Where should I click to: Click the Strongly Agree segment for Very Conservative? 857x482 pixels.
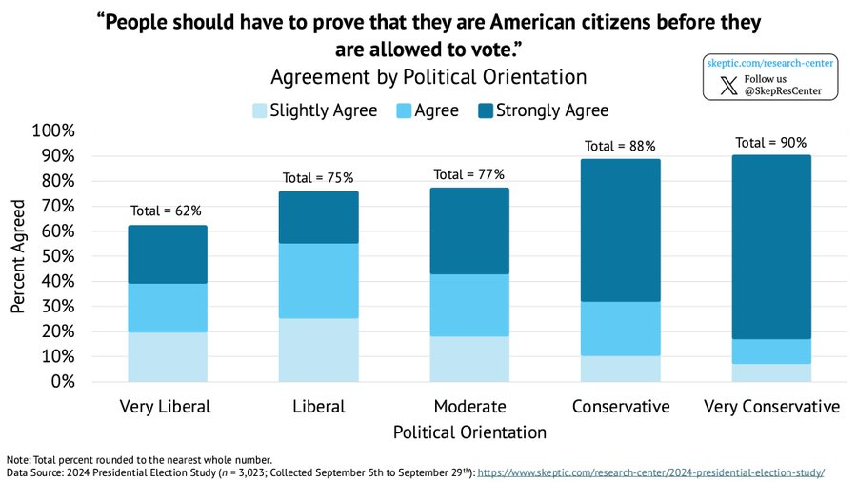(x=772, y=247)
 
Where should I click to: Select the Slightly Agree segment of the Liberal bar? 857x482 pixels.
(x=318, y=350)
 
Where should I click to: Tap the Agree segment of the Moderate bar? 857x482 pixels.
(x=468, y=305)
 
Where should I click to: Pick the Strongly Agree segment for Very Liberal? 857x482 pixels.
(x=168, y=254)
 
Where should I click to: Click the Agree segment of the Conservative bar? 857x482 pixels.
(x=620, y=329)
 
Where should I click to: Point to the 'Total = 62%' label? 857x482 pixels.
(x=167, y=211)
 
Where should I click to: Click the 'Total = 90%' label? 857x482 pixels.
(x=771, y=143)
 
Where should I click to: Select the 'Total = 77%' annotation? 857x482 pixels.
(x=468, y=174)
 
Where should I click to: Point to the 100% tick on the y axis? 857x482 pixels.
(x=60, y=131)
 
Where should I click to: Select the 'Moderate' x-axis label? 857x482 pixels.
(x=469, y=407)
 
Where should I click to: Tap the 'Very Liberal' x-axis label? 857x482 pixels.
(x=166, y=407)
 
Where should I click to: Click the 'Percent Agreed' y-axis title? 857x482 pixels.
(x=19, y=257)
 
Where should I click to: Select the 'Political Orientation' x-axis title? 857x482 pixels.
(x=469, y=432)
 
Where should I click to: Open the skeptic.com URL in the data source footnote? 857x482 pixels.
(x=650, y=472)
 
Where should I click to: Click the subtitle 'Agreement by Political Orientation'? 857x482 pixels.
(x=428, y=75)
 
